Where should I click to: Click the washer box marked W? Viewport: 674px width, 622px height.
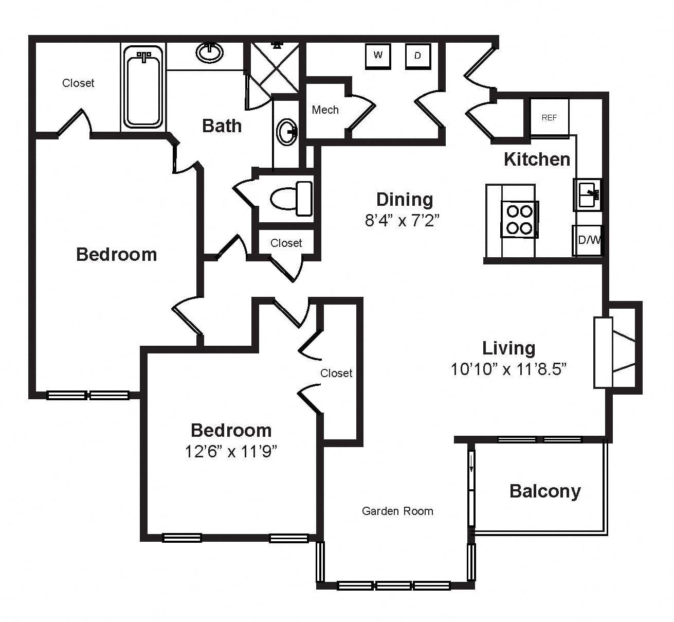click(378, 56)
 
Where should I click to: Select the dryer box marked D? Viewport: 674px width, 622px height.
click(418, 56)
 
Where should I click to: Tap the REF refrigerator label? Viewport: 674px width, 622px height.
click(549, 117)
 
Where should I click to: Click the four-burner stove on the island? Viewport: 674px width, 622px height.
click(519, 219)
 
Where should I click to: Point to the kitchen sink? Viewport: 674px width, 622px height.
click(588, 194)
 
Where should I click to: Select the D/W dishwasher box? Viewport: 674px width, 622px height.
click(588, 240)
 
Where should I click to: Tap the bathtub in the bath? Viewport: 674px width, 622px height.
click(143, 86)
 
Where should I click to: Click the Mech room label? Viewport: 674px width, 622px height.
click(325, 110)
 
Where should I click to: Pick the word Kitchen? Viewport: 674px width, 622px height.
click(537, 159)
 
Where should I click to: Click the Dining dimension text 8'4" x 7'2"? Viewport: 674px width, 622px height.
click(402, 221)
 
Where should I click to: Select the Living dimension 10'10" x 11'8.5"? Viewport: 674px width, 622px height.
click(509, 369)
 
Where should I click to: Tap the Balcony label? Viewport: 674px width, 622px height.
click(545, 491)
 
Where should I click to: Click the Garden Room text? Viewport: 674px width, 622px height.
click(397, 511)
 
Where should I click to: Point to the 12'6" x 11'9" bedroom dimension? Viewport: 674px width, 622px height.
click(231, 452)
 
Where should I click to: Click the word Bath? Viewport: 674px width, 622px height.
click(222, 126)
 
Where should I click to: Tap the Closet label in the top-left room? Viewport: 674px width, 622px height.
click(78, 83)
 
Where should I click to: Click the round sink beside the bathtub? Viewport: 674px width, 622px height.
click(210, 52)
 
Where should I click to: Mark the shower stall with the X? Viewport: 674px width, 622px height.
click(275, 67)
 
